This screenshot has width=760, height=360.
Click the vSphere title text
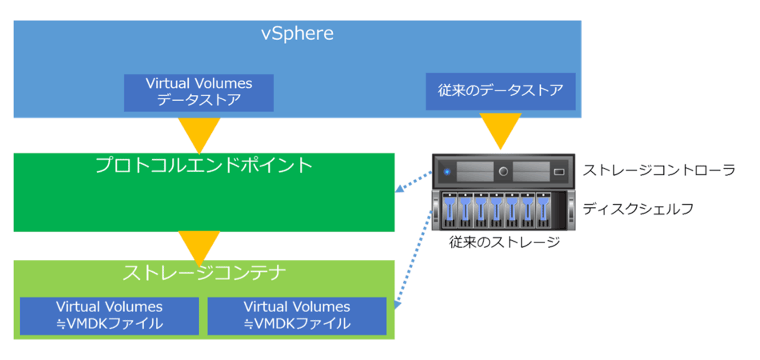click(297, 34)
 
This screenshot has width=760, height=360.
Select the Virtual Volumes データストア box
click(198, 93)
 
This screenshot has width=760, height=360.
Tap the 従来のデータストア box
click(501, 91)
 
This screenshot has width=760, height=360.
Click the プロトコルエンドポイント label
click(204, 166)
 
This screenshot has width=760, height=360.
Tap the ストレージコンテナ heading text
click(203, 274)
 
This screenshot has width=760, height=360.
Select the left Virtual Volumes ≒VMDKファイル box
click(110, 316)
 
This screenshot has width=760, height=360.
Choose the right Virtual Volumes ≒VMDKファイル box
click(297, 316)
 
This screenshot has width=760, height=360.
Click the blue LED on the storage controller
click(446, 171)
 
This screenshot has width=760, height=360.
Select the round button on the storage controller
click(503, 171)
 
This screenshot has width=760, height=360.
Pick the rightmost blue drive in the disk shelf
click(543, 210)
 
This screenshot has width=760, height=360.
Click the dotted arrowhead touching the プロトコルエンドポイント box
click(398, 190)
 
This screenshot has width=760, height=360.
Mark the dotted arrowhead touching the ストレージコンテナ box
click(398, 305)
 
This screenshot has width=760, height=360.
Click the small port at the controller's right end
click(559, 171)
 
